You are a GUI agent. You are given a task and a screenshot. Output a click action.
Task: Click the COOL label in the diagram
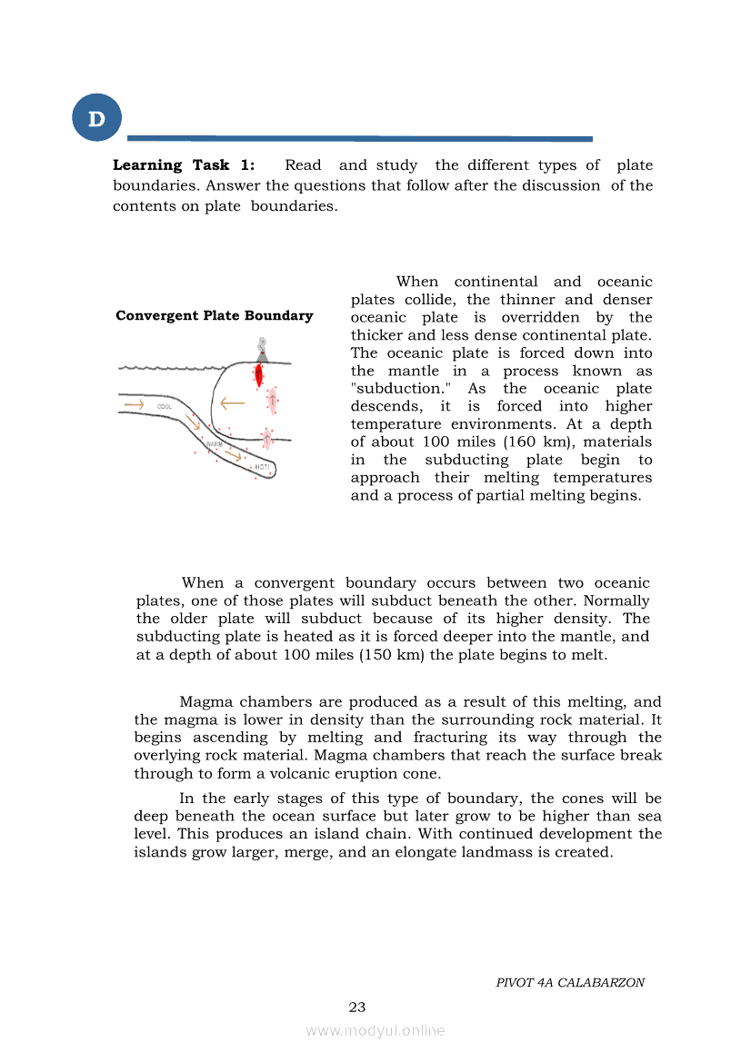pyautogui.click(x=165, y=406)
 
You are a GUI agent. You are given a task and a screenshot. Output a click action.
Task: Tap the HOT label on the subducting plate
pyautogui.click(x=262, y=467)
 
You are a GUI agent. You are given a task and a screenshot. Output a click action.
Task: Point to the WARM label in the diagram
pyautogui.click(x=215, y=444)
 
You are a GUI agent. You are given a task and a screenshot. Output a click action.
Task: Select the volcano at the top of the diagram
pyautogui.click(x=262, y=350)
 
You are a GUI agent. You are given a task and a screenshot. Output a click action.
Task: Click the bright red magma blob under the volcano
pyautogui.click(x=259, y=374)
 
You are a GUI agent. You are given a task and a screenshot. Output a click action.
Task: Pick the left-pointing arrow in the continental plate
pyautogui.click(x=233, y=402)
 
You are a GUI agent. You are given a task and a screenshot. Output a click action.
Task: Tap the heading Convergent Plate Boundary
pyautogui.click(x=215, y=316)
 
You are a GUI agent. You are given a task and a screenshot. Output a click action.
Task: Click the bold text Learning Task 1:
pyautogui.click(x=184, y=165)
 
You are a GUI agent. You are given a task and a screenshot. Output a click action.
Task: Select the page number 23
pyautogui.click(x=357, y=1007)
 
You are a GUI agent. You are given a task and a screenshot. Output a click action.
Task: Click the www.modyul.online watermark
pyautogui.click(x=375, y=1030)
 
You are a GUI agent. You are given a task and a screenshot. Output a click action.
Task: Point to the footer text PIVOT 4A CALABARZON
pyautogui.click(x=570, y=983)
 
